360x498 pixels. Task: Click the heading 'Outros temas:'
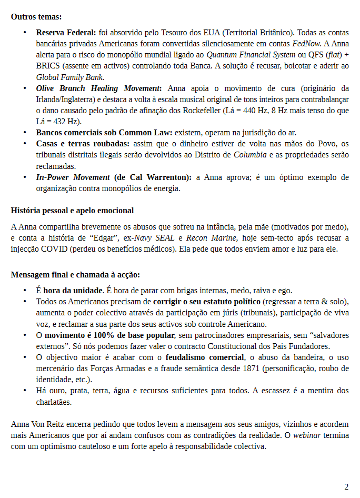36,17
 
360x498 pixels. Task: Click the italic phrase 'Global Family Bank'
69,77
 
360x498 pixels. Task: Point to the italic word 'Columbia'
250,155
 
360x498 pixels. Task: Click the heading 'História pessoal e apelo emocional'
72,211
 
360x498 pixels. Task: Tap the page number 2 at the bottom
346,487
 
